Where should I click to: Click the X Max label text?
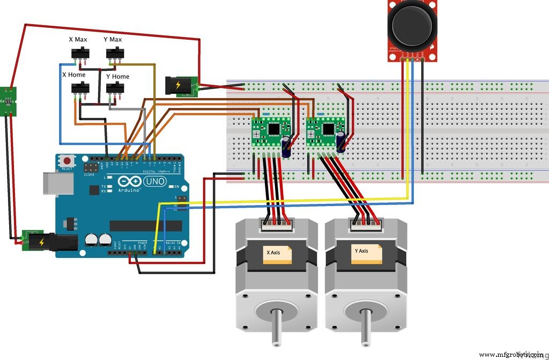78,40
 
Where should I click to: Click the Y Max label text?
113,40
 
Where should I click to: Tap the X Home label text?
74,75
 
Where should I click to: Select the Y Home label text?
117,77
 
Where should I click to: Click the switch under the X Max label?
80,54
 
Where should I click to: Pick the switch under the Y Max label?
114,54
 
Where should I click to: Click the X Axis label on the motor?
277,252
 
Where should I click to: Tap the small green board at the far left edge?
8,101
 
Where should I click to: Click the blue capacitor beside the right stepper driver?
341,143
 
